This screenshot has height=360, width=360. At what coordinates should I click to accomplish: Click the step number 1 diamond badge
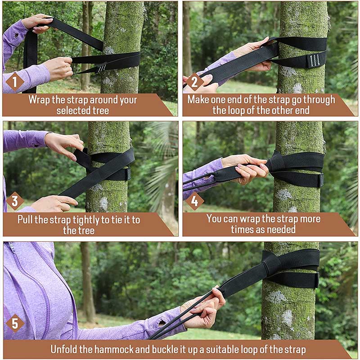(15, 82)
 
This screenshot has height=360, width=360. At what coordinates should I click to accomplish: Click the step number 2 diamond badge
(194, 82)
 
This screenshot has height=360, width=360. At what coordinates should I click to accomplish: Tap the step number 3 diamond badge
(15, 201)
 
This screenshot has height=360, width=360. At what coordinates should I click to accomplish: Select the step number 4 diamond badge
(194, 201)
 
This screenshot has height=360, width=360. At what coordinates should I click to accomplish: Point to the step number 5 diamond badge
(15, 323)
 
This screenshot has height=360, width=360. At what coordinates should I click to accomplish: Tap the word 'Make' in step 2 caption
(198, 99)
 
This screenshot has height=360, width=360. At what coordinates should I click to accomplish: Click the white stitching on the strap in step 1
(102, 67)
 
